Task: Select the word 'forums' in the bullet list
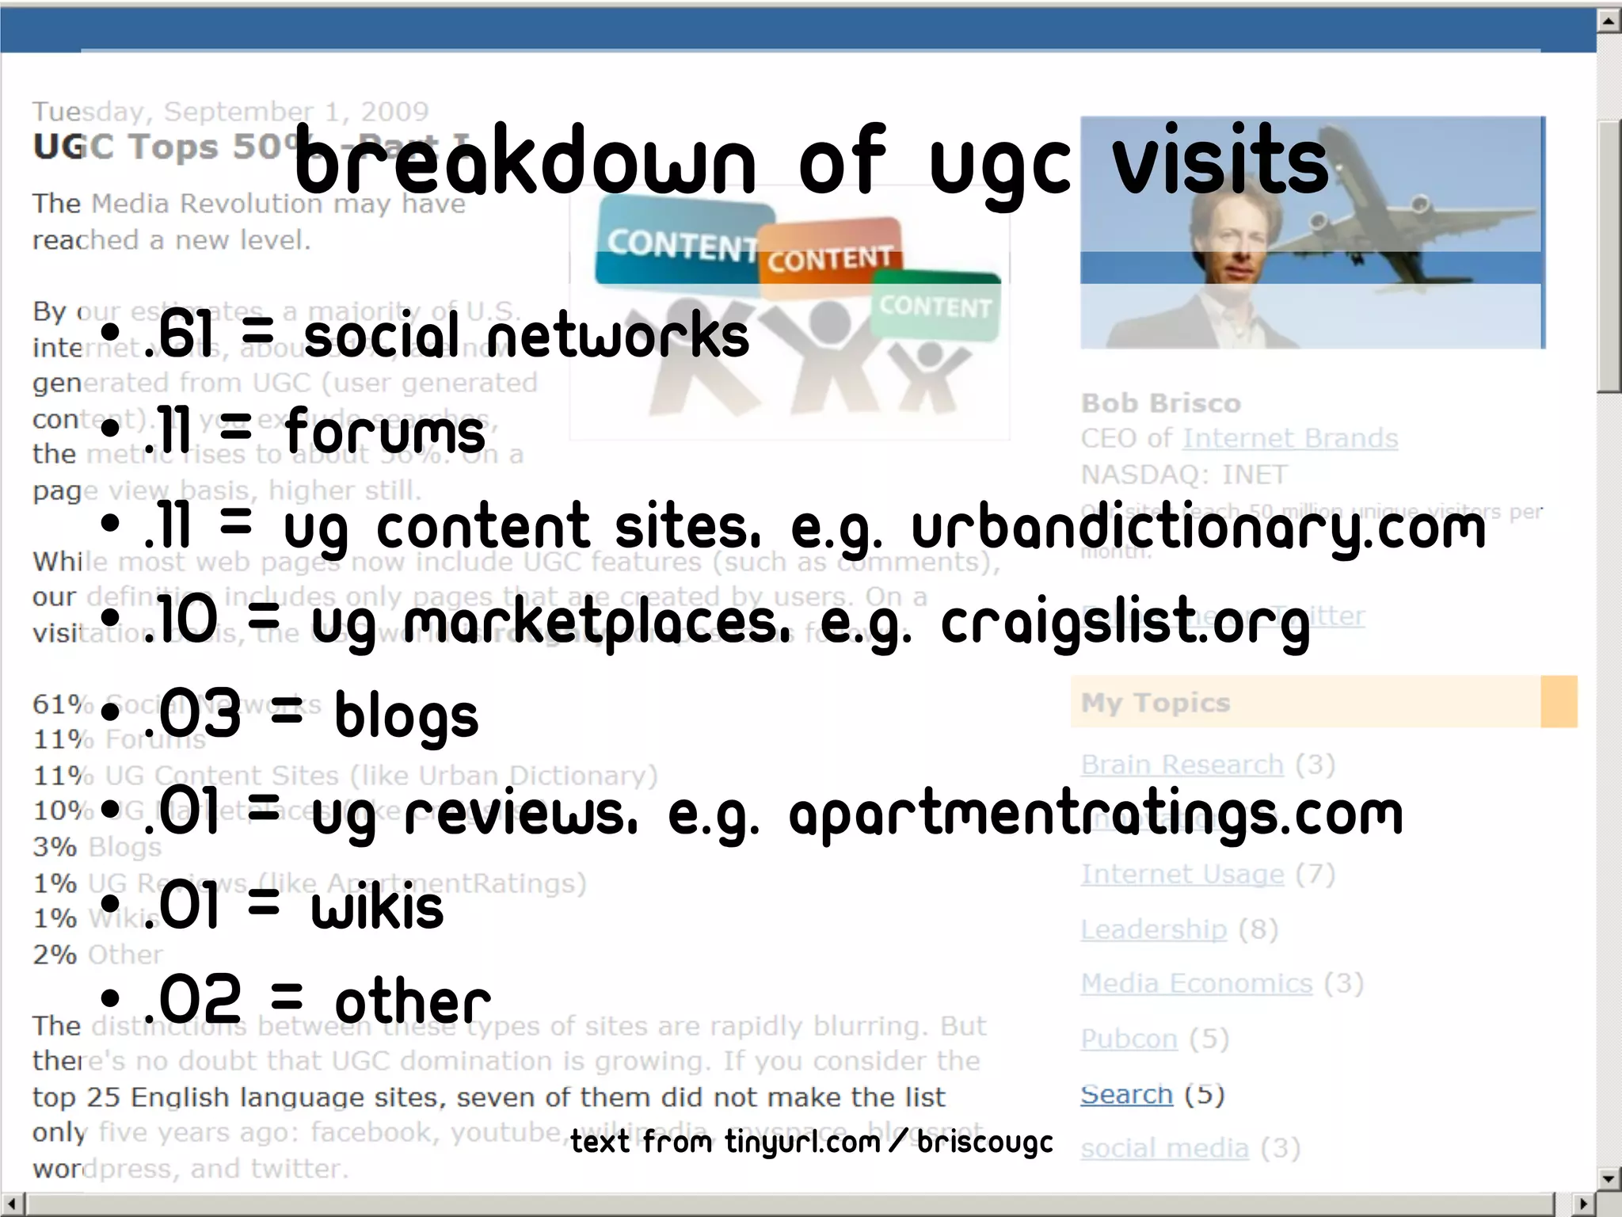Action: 385,432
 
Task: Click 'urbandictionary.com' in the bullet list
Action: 1198,527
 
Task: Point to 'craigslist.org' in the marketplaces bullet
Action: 1125,623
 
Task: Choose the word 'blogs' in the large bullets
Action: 406,716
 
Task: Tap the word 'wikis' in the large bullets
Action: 377,908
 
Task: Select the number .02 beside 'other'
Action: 193,1000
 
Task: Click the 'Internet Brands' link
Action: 1290,438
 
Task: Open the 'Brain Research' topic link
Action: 1182,765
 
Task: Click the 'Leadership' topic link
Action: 1153,929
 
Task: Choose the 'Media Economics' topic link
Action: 1197,984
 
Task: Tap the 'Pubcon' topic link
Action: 1129,1039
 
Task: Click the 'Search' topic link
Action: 1126,1094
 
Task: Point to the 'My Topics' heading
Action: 1156,703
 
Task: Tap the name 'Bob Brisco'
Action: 1160,403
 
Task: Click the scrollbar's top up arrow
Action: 1609,20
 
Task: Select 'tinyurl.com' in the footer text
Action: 802,1142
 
